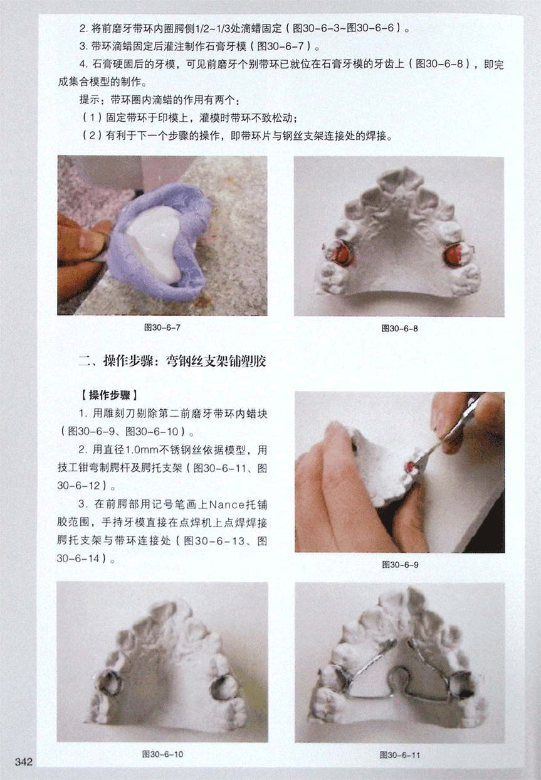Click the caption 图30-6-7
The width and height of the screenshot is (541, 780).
(x=162, y=328)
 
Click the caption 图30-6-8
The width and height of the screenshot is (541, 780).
(x=399, y=328)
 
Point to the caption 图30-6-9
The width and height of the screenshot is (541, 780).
(x=400, y=565)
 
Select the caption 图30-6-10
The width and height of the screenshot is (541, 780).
(x=162, y=754)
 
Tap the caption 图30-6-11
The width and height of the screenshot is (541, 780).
(x=400, y=755)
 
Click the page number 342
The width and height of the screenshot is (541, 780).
(x=23, y=762)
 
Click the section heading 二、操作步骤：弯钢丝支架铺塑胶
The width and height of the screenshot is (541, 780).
(x=172, y=361)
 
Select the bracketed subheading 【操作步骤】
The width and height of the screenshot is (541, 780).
(x=109, y=395)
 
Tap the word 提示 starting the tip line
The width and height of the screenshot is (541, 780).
(x=90, y=100)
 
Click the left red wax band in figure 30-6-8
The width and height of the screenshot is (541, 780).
(x=342, y=254)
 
